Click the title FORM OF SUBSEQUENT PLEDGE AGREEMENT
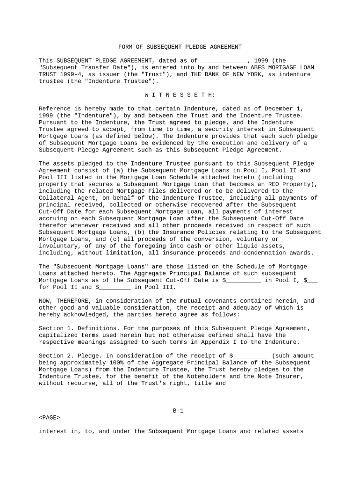click(180, 47)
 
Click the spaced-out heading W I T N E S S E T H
click(180, 95)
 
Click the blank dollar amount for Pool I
click(245, 280)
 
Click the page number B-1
click(178, 411)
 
